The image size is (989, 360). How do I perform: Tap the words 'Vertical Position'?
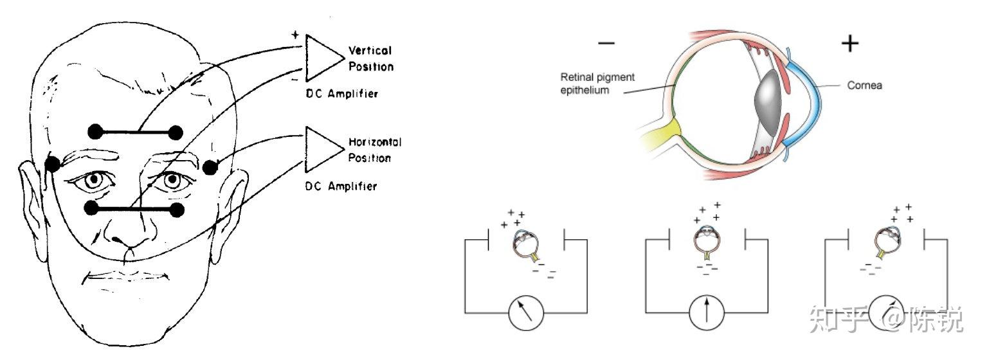point(370,58)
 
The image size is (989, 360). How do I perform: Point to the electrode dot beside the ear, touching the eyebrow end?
point(53,164)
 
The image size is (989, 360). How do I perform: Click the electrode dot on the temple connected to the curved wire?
point(210,168)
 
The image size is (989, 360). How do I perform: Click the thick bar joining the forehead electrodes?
point(135,133)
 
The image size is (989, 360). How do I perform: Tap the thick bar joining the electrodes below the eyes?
point(135,209)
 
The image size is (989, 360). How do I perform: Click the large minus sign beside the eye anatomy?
point(606,44)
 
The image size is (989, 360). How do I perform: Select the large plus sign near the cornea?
point(849,44)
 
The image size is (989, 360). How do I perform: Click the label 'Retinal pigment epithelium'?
point(597,84)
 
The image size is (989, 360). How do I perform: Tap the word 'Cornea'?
point(864,85)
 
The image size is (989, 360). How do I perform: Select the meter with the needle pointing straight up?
point(707,312)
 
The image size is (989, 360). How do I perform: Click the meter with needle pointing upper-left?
point(526,313)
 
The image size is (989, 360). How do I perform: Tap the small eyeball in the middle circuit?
point(707,243)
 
